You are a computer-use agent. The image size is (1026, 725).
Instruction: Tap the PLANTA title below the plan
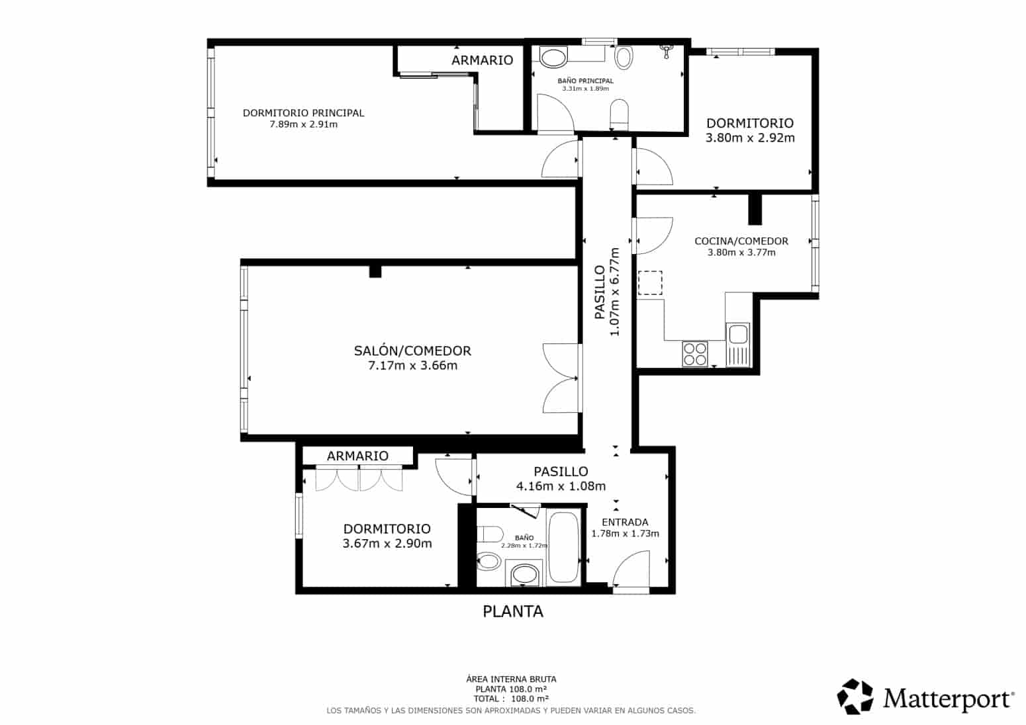[x=513, y=611]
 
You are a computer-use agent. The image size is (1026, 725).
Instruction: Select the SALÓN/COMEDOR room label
[x=412, y=351]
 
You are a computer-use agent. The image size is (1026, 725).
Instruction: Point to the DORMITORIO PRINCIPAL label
[x=303, y=112]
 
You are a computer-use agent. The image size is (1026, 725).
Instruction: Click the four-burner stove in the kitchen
[x=695, y=353]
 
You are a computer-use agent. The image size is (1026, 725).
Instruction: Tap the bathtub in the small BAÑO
[x=563, y=548]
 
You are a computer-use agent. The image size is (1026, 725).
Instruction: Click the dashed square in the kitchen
[x=649, y=283]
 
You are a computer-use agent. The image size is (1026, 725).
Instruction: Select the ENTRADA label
[x=625, y=522]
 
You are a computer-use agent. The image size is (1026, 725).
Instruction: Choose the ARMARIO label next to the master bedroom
[x=482, y=60]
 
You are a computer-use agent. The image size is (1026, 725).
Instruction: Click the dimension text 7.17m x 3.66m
[x=412, y=366]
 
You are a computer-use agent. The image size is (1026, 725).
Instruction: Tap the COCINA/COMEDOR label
[x=741, y=241]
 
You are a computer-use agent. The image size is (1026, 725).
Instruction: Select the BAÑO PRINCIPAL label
[x=585, y=81]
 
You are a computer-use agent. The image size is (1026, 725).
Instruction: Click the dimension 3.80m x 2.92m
[x=750, y=138]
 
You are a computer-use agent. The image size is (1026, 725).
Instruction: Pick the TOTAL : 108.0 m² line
[x=511, y=698]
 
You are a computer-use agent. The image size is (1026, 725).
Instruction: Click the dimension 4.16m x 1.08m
[x=561, y=486]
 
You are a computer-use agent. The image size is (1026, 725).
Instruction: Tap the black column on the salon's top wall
[x=375, y=271]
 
